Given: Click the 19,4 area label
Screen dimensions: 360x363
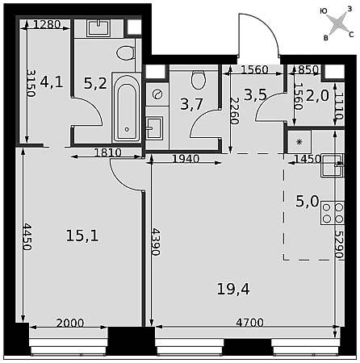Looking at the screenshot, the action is pyautogui.click(x=233, y=290).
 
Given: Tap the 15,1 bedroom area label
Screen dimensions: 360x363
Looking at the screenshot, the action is pyautogui.click(x=82, y=236).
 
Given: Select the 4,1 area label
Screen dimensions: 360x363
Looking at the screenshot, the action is pyautogui.click(x=52, y=81).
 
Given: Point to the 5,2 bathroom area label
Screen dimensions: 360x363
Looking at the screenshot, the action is pyautogui.click(x=95, y=83).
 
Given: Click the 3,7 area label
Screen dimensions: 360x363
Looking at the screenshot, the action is pyautogui.click(x=191, y=104).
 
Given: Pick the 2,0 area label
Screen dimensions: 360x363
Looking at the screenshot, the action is pyautogui.click(x=317, y=95).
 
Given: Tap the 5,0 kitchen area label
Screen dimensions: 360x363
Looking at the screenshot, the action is pyautogui.click(x=308, y=201).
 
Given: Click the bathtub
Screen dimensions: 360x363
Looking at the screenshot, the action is pyautogui.click(x=127, y=107).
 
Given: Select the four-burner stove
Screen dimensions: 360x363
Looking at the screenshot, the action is pyautogui.click(x=333, y=213).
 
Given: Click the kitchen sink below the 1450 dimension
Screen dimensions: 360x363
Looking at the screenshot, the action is pyautogui.click(x=333, y=165).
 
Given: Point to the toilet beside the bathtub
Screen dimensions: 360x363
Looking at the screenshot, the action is pyautogui.click(x=125, y=53).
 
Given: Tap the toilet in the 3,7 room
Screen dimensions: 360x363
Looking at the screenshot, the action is pyautogui.click(x=199, y=80).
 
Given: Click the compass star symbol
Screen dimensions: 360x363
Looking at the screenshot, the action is pyautogui.click(x=338, y=23).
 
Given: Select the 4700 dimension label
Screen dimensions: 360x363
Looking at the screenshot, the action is pyautogui.click(x=249, y=322).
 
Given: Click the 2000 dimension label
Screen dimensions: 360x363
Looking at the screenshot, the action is pyautogui.click(x=70, y=323).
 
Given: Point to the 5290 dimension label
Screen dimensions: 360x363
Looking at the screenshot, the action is pyautogui.click(x=340, y=244).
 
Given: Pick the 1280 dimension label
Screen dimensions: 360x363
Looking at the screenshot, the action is pyautogui.click(x=47, y=24).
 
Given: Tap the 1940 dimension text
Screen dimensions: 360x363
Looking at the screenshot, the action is pyautogui.click(x=186, y=159).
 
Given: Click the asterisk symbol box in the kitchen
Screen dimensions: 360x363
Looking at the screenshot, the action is pyautogui.click(x=299, y=142).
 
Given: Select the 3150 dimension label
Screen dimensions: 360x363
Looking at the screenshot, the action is pyautogui.click(x=31, y=83).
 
